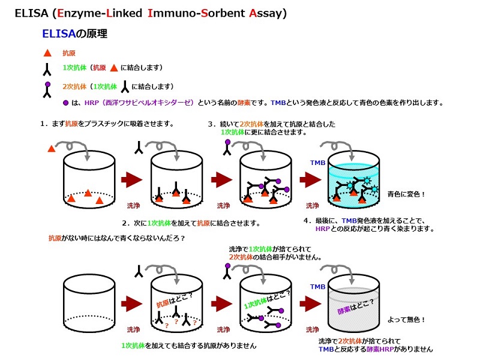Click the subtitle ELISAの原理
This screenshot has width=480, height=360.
pos(74,34)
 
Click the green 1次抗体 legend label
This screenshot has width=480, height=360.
pos(75,67)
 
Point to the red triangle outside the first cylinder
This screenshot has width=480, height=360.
pos(50,148)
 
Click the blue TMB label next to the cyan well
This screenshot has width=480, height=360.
pos(317,163)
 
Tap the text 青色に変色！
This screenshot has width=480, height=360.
pos(406,194)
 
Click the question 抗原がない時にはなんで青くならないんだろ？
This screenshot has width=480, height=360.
pos(116,238)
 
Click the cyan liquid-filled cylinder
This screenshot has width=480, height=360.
pos(354,177)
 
